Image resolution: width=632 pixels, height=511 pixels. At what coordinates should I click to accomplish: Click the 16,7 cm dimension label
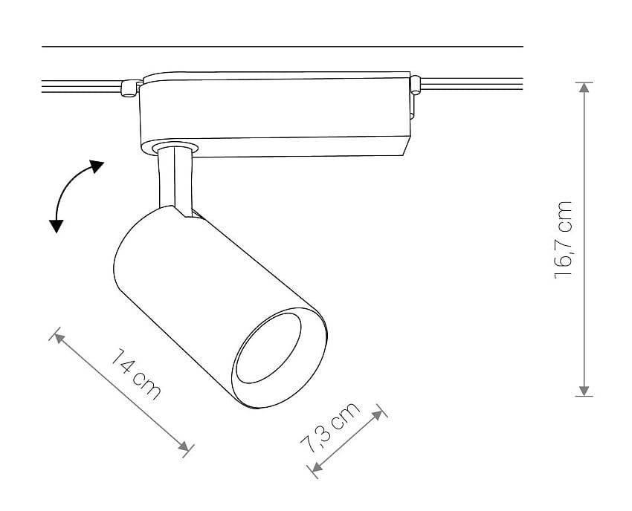(564, 240)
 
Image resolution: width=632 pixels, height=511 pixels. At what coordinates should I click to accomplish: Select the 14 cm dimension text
(135, 374)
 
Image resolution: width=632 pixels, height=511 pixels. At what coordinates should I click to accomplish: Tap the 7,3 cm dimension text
(329, 428)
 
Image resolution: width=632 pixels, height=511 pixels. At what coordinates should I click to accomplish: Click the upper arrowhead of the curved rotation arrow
(97, 166)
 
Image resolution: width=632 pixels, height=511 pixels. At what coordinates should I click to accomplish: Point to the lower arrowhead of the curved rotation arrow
(56, 227)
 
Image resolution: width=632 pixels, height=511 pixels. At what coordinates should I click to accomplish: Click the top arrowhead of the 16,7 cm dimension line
(584, 88)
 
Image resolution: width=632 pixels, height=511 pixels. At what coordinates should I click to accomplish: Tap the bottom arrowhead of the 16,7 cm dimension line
(584, 391)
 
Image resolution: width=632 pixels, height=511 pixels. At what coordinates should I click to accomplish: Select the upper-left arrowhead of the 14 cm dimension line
(59, 339)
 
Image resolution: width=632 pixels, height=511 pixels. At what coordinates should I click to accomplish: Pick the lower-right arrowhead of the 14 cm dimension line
(184, 446)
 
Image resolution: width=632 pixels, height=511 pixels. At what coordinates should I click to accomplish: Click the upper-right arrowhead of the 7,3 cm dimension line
(377, 416)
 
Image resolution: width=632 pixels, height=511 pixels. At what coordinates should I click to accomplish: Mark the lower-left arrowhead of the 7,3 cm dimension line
(317, 466)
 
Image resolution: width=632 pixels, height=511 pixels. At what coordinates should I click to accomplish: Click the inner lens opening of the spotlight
(268, 348)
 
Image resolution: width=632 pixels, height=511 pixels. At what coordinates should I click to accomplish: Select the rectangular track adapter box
(275, 114)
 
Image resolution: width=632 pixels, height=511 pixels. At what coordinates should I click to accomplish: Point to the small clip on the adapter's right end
(415, 85)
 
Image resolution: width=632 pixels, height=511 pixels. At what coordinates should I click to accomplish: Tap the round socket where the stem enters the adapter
(175, 147)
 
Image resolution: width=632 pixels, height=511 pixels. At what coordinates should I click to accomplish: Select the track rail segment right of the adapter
(471, 84)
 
